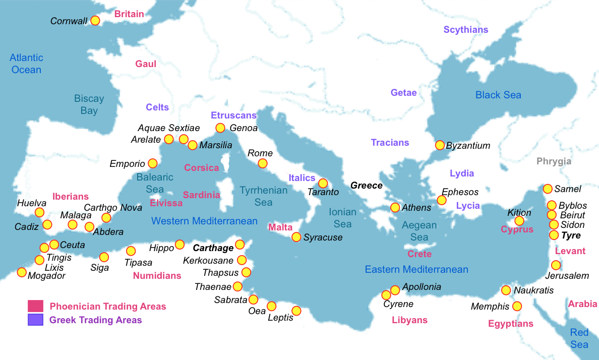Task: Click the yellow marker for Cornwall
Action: point(95,21)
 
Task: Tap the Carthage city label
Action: point(213,248)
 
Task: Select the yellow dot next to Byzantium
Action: point(440,145)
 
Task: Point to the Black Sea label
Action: point(498,95)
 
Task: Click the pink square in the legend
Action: point(35,306)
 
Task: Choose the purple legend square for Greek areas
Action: point(35,320)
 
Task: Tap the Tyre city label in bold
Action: point(571,235)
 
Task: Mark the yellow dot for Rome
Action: point(263,163)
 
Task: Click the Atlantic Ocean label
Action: point(26,64)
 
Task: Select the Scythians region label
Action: point(466,30)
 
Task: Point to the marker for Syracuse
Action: point(296,237)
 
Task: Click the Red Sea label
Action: point(579,338)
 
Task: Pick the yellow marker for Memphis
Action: point(517,306)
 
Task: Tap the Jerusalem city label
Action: point(567,276)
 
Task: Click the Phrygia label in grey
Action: point(554,161)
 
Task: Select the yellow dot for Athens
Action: point(395,207)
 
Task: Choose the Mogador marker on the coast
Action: point(22,272)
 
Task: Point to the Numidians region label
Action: point(157,275)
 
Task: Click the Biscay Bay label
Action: point(89,104)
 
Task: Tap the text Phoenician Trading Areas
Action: point(108,306)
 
